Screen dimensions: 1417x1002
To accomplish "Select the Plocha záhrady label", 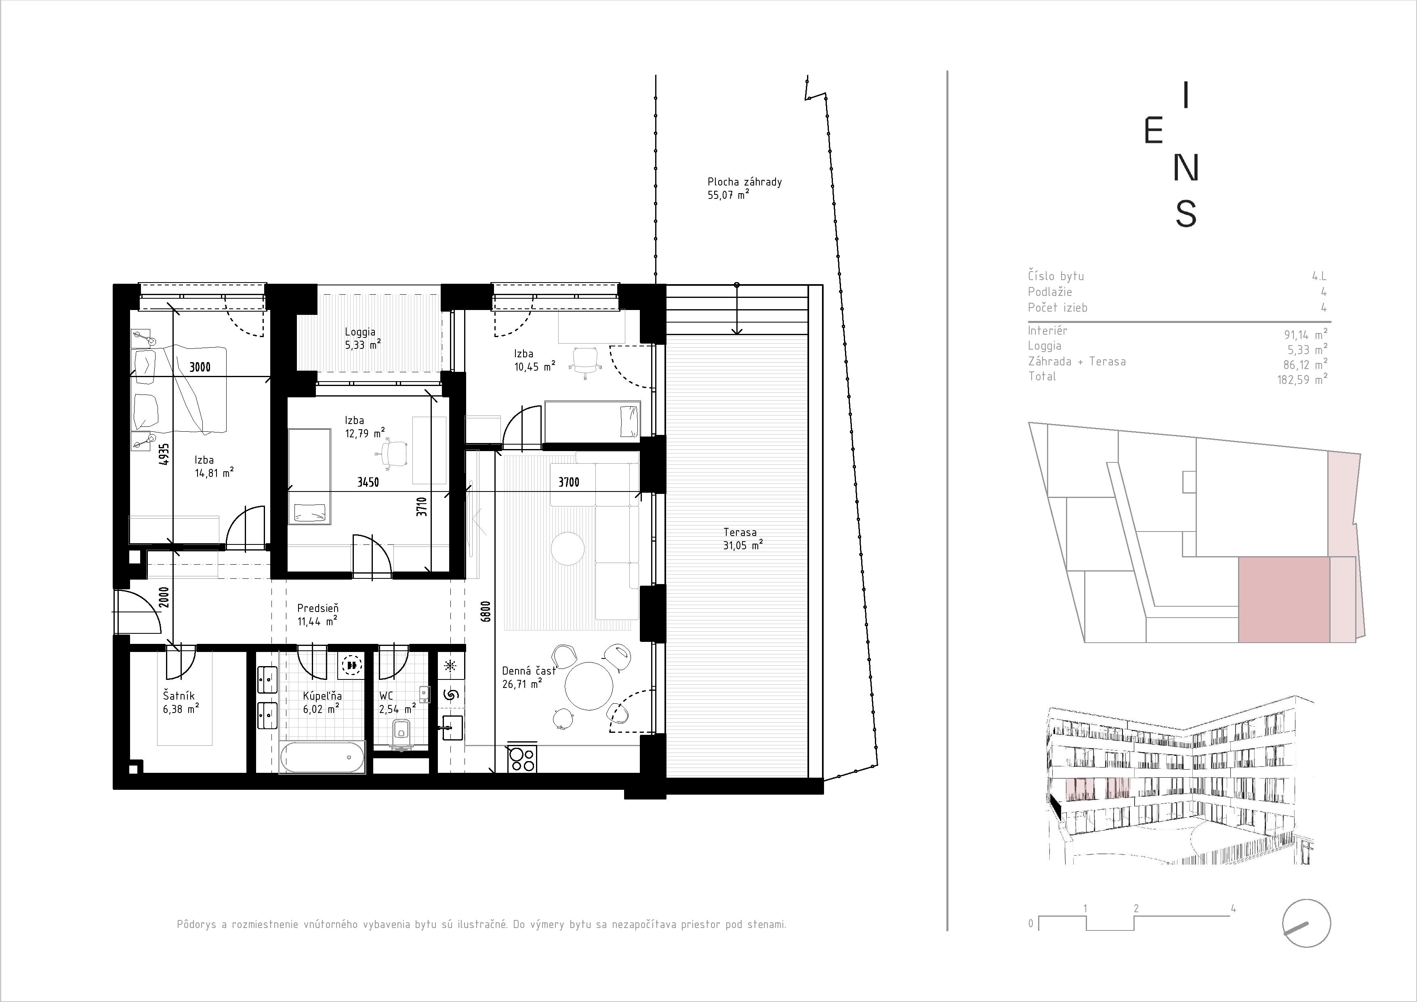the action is tap(744, 182).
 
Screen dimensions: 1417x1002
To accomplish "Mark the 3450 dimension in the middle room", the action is tap(368, 482).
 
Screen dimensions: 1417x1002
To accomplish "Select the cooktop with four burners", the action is tap(522, 759).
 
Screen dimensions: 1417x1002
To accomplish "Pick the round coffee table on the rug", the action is tap(567, 548).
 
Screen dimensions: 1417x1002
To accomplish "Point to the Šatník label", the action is tap(179, 696).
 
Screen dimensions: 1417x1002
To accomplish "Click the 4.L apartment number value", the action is tap(1319, 276).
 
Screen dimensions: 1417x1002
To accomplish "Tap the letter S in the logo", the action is tap(1186, 213).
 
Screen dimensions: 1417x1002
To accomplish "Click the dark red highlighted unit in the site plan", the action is tap(1284, 599).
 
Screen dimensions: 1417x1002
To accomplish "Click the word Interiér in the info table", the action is tap(1047, 330).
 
